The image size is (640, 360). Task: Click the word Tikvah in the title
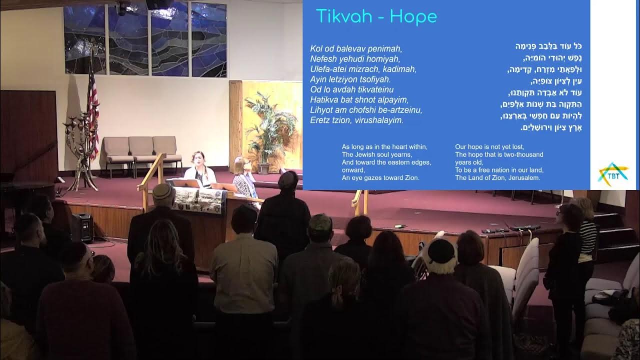pos(343,17)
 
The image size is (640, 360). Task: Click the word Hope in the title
pos(413,17)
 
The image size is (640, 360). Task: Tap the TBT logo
pos(613,174)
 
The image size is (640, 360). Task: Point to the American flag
pos(92,110)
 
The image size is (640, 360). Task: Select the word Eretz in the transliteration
pos(320,120)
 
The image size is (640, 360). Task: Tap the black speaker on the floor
pos(82,228)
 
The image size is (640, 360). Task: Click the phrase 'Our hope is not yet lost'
pos(489,147)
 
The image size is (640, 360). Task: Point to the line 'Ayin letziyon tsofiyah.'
pos(350,79)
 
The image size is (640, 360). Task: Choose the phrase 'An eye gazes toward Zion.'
pos(380,177)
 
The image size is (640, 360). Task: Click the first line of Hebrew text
pos(548,46)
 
